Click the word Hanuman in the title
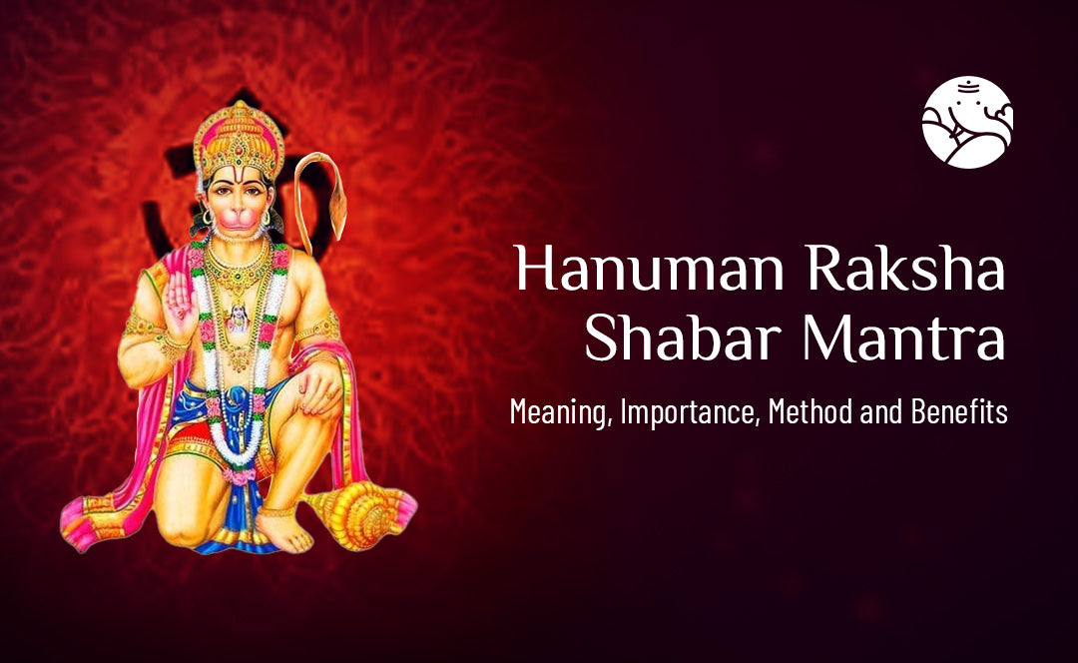coord(650,268)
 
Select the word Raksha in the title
coord(906,268)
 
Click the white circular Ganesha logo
coord(967,122)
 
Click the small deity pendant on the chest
coord(238,318)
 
